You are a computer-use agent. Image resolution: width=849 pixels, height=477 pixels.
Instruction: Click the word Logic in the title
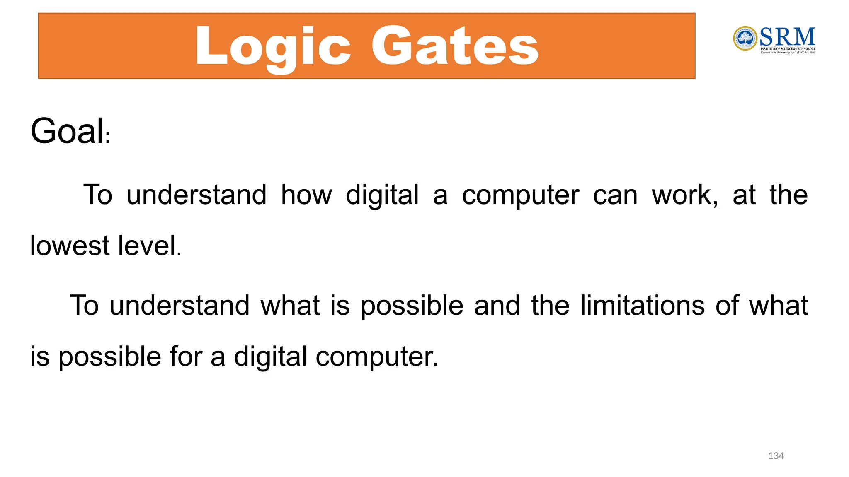(x=273, y=46)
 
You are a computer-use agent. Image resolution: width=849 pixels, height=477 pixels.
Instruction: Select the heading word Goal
(x=68, y=131)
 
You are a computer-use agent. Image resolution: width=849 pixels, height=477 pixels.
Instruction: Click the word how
(x=306, y=195)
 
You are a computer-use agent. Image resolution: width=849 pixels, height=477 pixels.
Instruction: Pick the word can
(x=615, y=195)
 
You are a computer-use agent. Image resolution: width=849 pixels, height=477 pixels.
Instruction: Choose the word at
(x=744, y=195)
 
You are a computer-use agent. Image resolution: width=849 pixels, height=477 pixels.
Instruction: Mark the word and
(x=497, y=306)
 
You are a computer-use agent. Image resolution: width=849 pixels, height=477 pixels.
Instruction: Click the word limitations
(x=642, y=306)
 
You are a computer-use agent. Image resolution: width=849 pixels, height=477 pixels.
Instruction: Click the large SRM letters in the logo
(x=787, y=37)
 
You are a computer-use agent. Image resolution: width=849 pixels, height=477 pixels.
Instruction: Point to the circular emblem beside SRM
(x=745, y=39)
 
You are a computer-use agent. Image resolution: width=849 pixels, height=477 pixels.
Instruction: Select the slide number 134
(x=776, y=456)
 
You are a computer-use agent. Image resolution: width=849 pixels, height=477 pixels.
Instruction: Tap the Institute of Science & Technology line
(x=788, y=49)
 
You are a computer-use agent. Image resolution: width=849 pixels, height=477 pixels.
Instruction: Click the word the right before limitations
(x=550, y=306)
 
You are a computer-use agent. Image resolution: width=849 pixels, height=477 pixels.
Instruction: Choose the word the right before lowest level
(x=788, y=195)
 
